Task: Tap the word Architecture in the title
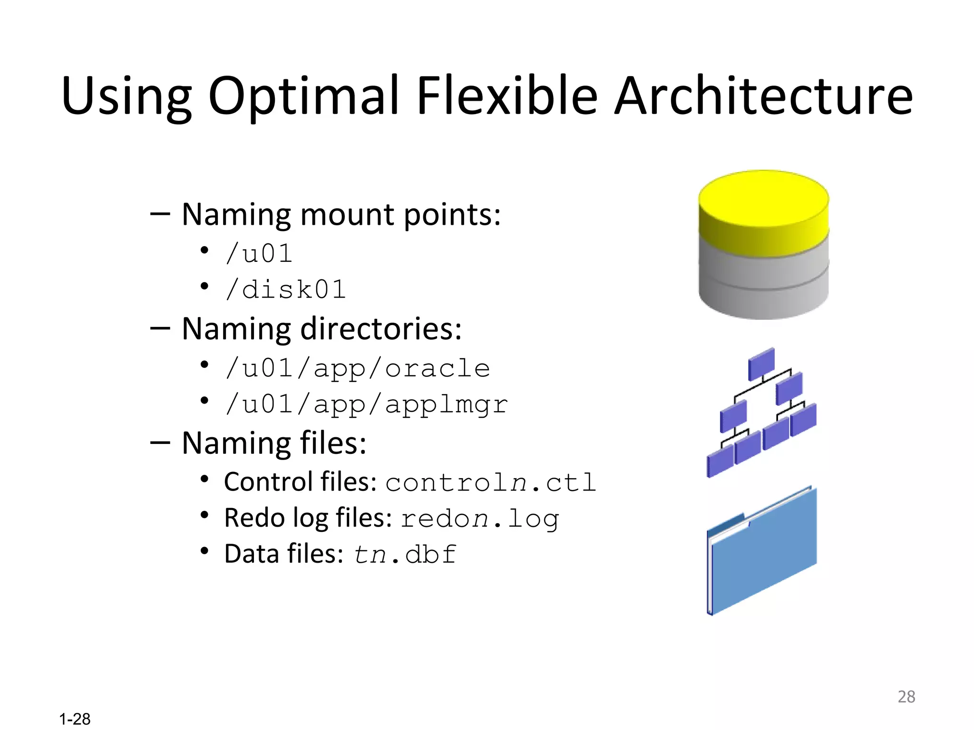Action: click(x=763, y=96)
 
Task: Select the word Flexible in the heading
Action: click(x=506, y=96)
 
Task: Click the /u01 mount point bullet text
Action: click(x=259, y=253)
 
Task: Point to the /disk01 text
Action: click(x=286, y=289)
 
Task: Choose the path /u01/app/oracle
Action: click(x=358, y=368)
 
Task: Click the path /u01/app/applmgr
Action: click(x=367, y=405)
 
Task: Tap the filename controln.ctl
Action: click(x=490, y=483)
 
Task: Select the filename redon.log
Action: click(x=479, y=519)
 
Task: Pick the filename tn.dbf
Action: click(x=405, y=555)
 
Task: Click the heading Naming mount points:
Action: click(x=341, y=214)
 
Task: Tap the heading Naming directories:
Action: click(x=321, y=329)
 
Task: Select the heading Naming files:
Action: click(x=274, y=443)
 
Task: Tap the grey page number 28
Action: click(x=906, y=697)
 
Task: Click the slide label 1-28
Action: click(x=75, y=719)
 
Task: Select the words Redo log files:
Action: click(x=308, y=518)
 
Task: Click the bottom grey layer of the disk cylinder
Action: click(x=763, y=302)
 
